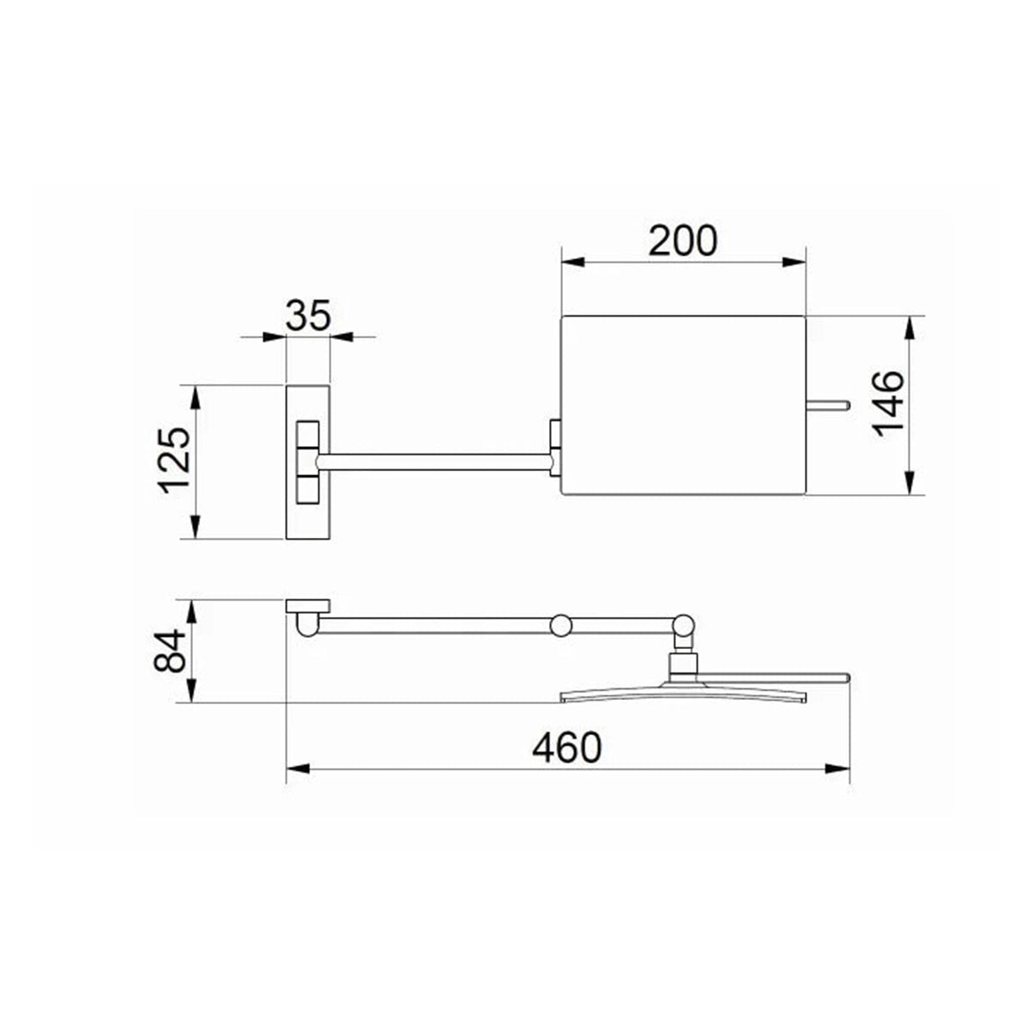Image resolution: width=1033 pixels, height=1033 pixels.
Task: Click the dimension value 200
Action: pos(683,241)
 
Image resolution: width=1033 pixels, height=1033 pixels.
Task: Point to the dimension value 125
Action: pos(176,460)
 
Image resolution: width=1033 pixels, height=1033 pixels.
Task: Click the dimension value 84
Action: pos(170,652)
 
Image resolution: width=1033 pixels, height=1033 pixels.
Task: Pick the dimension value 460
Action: pos(567,748)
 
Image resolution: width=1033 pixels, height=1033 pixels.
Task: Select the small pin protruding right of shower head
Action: pos(827,405)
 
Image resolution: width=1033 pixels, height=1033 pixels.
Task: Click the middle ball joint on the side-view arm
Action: pos(561,625)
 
